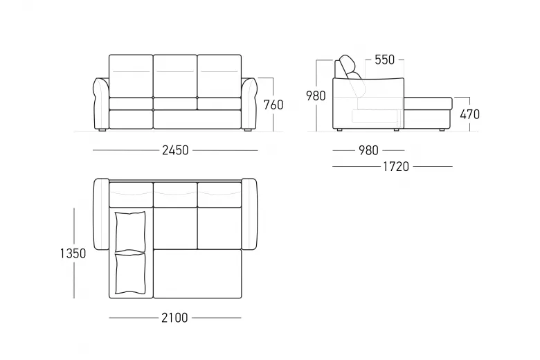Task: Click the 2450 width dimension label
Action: (175, 150)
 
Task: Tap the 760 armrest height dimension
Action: (273, 105)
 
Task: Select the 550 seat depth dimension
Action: (385, 60)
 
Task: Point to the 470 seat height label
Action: (470, 114)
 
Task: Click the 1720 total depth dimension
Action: (396, 167)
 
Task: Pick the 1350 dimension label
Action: (73, 253)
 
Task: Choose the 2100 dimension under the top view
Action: (174, 318)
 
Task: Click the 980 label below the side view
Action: (368, 150)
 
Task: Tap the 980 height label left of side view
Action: (316, 96)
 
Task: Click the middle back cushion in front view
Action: (175, 76)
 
